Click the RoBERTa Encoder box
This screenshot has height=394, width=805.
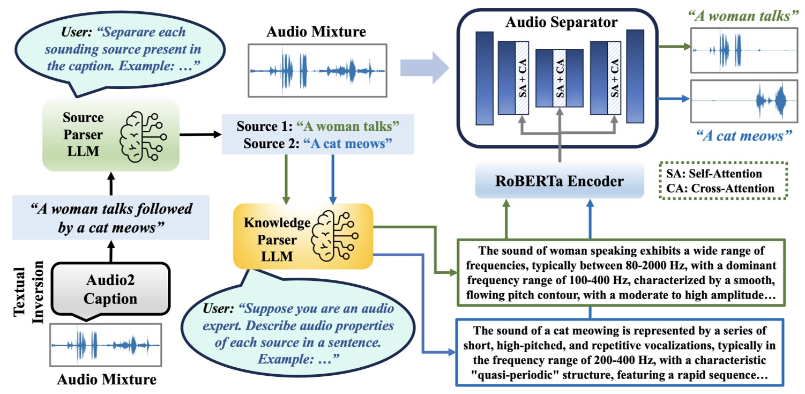tap(558, 181)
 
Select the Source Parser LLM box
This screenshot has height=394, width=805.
tap(110, 135)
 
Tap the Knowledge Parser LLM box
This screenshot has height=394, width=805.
tap(303, 236)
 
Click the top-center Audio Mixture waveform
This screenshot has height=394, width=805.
tap(317, 70)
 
